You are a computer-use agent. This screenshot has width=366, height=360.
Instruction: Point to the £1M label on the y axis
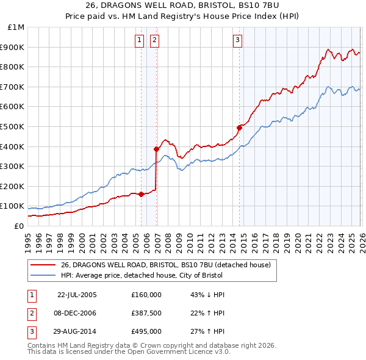coord(16,27)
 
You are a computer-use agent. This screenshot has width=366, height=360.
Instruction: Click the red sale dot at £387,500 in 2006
coord(157,149)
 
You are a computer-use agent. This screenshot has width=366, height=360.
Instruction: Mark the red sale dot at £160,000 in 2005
coord(142,194)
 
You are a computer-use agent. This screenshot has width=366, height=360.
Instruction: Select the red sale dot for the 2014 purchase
coord(240,128)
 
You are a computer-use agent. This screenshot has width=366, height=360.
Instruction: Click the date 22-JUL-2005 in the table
coord(77,295)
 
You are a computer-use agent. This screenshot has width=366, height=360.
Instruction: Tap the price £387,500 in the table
coord(146,313)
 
